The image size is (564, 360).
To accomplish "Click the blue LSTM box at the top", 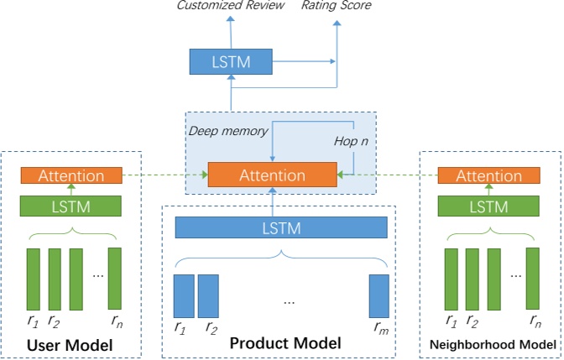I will click(232, 60).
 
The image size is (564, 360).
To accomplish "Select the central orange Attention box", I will click(272, 175).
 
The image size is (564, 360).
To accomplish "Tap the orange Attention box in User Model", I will click(70, 176).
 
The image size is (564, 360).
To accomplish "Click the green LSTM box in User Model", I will click(70, 206).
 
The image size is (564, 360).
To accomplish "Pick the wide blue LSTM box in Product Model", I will click(281, 227).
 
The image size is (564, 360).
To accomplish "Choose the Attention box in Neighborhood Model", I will click(488, 176).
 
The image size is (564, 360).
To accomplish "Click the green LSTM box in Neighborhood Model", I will click(488, 206).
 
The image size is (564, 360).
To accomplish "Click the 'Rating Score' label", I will click(337, 7).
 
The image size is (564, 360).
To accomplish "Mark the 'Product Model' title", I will click(285, 343).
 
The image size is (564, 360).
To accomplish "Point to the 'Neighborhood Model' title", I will click(492, 345).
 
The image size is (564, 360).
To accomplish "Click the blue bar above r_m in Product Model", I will click(379, 296).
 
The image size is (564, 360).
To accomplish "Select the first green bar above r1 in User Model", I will click(34, 278).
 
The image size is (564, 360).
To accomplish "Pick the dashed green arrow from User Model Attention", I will click(164, 176).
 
